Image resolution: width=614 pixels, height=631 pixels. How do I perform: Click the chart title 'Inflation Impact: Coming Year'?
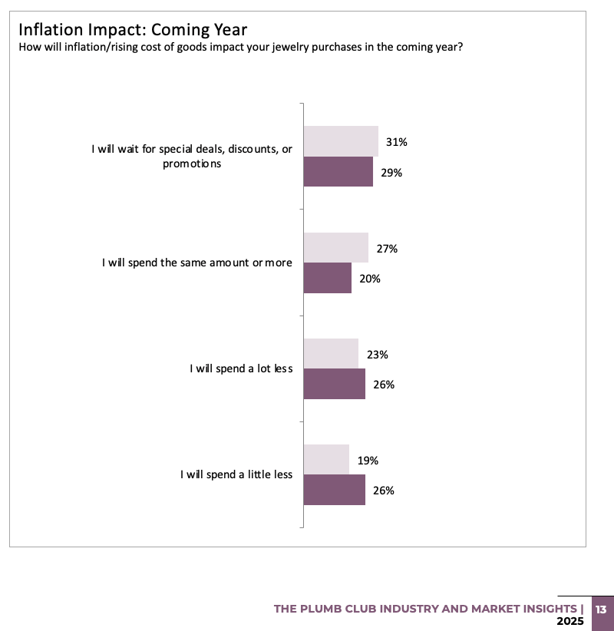click(x=132, y=30)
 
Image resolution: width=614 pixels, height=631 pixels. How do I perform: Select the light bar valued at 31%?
click(x=341, y=142)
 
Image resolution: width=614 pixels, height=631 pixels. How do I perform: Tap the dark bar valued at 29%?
click(x=338, y=172)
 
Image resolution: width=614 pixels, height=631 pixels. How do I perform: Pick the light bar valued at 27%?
click(x=335, y=248)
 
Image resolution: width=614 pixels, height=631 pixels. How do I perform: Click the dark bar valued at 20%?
click(x=327, y=278)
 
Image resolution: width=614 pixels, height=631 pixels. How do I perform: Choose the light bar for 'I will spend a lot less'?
click(x=331, y=355)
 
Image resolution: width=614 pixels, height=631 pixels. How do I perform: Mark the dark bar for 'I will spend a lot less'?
click(x=334, y=384)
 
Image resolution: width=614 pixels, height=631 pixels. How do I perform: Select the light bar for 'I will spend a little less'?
click(x=326, y=461)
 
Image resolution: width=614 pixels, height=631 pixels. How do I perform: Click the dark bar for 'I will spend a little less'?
click(x=334, y=490)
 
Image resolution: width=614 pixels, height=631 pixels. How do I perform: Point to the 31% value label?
click(x=397, y=142)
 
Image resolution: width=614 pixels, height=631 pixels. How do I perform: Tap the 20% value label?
click(x=370, y=279)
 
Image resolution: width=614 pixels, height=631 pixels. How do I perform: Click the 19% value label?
click(x=368, y=461)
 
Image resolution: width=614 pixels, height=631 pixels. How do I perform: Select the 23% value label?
click(x=377, y=355)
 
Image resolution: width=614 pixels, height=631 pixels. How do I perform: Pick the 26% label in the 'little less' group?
click(x=384, y=491)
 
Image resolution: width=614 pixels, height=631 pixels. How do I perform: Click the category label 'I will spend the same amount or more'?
click(x=197, y=263)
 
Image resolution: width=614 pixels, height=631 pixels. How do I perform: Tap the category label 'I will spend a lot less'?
click(x=241, y=368)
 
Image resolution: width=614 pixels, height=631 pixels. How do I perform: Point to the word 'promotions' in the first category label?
click(x=192, y=164)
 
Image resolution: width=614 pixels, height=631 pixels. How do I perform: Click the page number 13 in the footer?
click(x=601, y=610)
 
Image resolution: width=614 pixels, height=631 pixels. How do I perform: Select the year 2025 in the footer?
click(x=570, y=620)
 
